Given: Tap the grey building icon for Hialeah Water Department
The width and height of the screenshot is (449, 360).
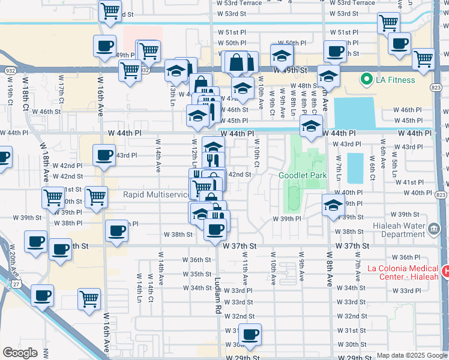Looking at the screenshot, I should [x=433, y=229].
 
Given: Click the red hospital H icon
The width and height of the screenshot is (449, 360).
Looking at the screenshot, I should [x=445, y=272].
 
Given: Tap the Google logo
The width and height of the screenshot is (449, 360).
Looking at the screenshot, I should [x=20, y=352].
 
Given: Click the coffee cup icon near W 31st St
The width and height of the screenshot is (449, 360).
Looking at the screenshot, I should [x=249, y=334].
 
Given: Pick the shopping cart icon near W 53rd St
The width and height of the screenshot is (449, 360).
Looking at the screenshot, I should [x=109, y=11].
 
